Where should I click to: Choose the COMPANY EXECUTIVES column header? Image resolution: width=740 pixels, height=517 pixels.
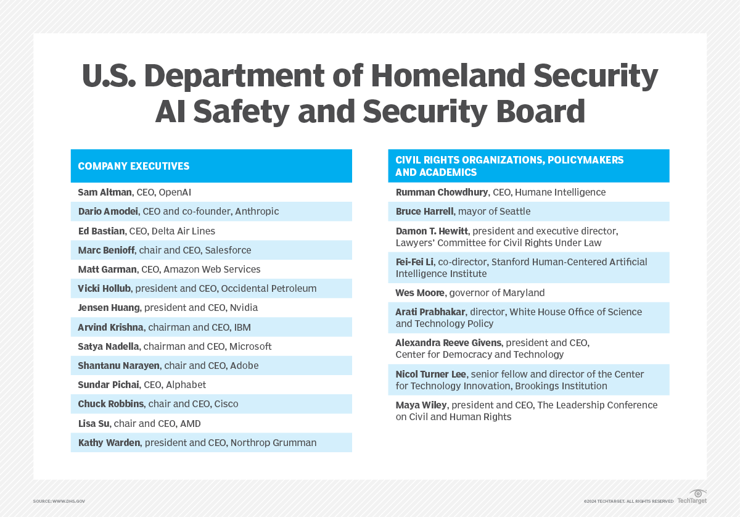tap(134, 166)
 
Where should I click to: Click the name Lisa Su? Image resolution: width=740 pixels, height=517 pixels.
tap(94, 424)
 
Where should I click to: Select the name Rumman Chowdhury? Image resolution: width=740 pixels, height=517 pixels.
tap(442, 192)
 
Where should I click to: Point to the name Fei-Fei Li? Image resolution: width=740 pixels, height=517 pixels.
tap(414, 262)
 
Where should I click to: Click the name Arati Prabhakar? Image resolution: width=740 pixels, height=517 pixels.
tap(430, 312)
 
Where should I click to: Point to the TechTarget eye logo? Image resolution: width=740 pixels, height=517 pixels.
tap(697, 494)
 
